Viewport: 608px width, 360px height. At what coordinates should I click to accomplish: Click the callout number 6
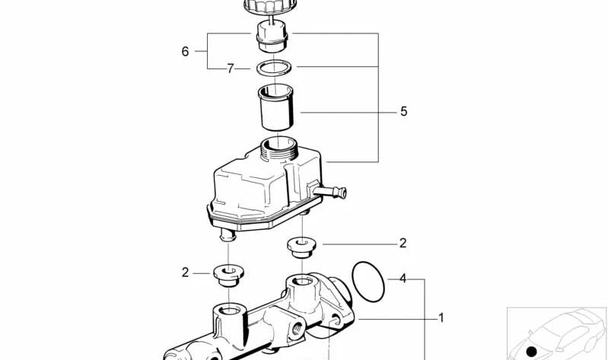(185, 52)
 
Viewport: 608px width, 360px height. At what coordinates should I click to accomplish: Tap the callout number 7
(230, 68)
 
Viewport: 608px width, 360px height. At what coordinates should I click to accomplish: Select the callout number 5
(403, 112)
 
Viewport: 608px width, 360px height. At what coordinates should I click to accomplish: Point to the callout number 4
(403, 279)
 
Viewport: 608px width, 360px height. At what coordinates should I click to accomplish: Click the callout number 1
(440, 317)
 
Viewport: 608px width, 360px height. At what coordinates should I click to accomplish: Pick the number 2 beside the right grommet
(403, 244)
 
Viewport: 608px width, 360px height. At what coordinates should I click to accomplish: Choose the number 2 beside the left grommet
(184, 272)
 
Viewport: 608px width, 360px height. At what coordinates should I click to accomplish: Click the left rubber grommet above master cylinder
(228, 274)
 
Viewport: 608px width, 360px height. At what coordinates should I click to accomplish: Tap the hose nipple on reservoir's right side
(335, 191)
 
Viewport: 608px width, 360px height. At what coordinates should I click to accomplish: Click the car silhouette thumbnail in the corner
(556, 333)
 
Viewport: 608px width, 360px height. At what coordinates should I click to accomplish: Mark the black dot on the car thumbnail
(533, 352)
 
